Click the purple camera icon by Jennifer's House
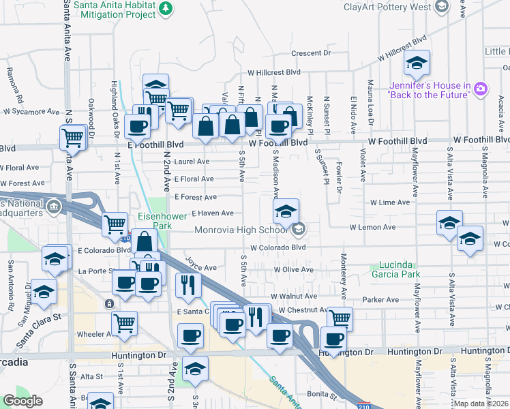[481, 89]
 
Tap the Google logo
[22, 401]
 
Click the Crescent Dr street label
[310, 52]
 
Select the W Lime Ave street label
[390, 202]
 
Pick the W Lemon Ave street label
[372, 227]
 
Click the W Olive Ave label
[293, 270]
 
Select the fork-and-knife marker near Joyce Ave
[187, 284]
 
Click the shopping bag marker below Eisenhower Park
[145, 241]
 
